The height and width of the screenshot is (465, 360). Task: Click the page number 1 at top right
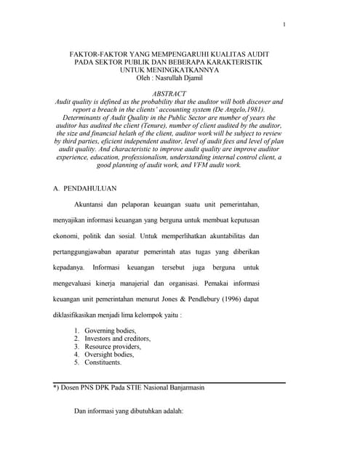(x=284, y=25)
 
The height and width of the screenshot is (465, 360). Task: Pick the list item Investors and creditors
(x=117, y=339)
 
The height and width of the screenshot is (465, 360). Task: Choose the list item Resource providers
(x=113, y=347)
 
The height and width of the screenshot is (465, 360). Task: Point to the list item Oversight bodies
(x=109, y=355)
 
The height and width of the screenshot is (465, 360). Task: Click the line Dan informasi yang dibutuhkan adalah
(x=129, y=412)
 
